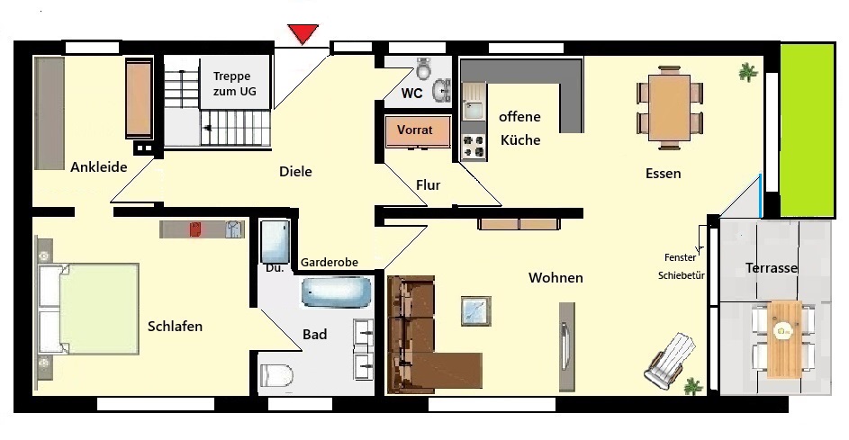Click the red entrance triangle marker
point(303,33)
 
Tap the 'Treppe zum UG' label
point(234,84)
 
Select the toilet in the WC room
point(424,67)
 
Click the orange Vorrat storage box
point(417,131)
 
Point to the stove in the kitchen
point(474,147)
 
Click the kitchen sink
point(474,108)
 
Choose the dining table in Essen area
point(669,108)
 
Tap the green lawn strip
point(807,130)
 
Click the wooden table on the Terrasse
point(784,339)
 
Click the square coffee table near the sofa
point(476,310)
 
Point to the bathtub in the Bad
point(336,292)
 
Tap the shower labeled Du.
point(275,240)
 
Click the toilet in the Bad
point(276,374)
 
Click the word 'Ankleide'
point(98,166)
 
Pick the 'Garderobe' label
point(330,263)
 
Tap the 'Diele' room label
point(295,172)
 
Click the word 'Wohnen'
point(555,278)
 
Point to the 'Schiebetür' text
point(682,275)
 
